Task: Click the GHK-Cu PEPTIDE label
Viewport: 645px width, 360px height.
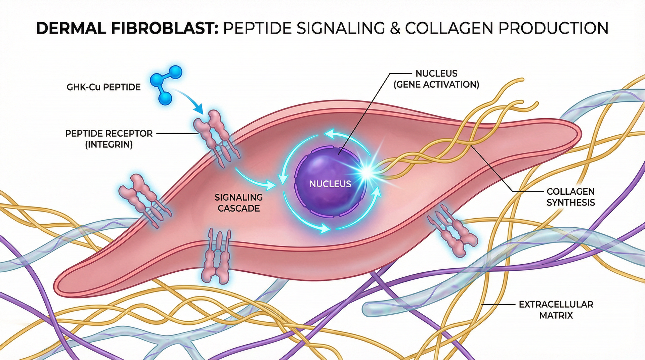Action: point(103,87)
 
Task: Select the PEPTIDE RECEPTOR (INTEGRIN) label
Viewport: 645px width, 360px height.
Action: point(109,139)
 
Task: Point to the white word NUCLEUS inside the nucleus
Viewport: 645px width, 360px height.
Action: point(330,184)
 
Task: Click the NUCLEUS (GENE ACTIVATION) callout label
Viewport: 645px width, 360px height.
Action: point(436,79)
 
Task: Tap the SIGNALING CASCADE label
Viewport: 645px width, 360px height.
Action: point(239,203)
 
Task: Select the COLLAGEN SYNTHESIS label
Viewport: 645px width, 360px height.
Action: point(570,197)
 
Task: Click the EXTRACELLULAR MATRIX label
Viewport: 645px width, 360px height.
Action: point(556,310)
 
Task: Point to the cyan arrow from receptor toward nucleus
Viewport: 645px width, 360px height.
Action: point(255,180)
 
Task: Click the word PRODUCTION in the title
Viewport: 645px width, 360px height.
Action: point(554,29)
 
